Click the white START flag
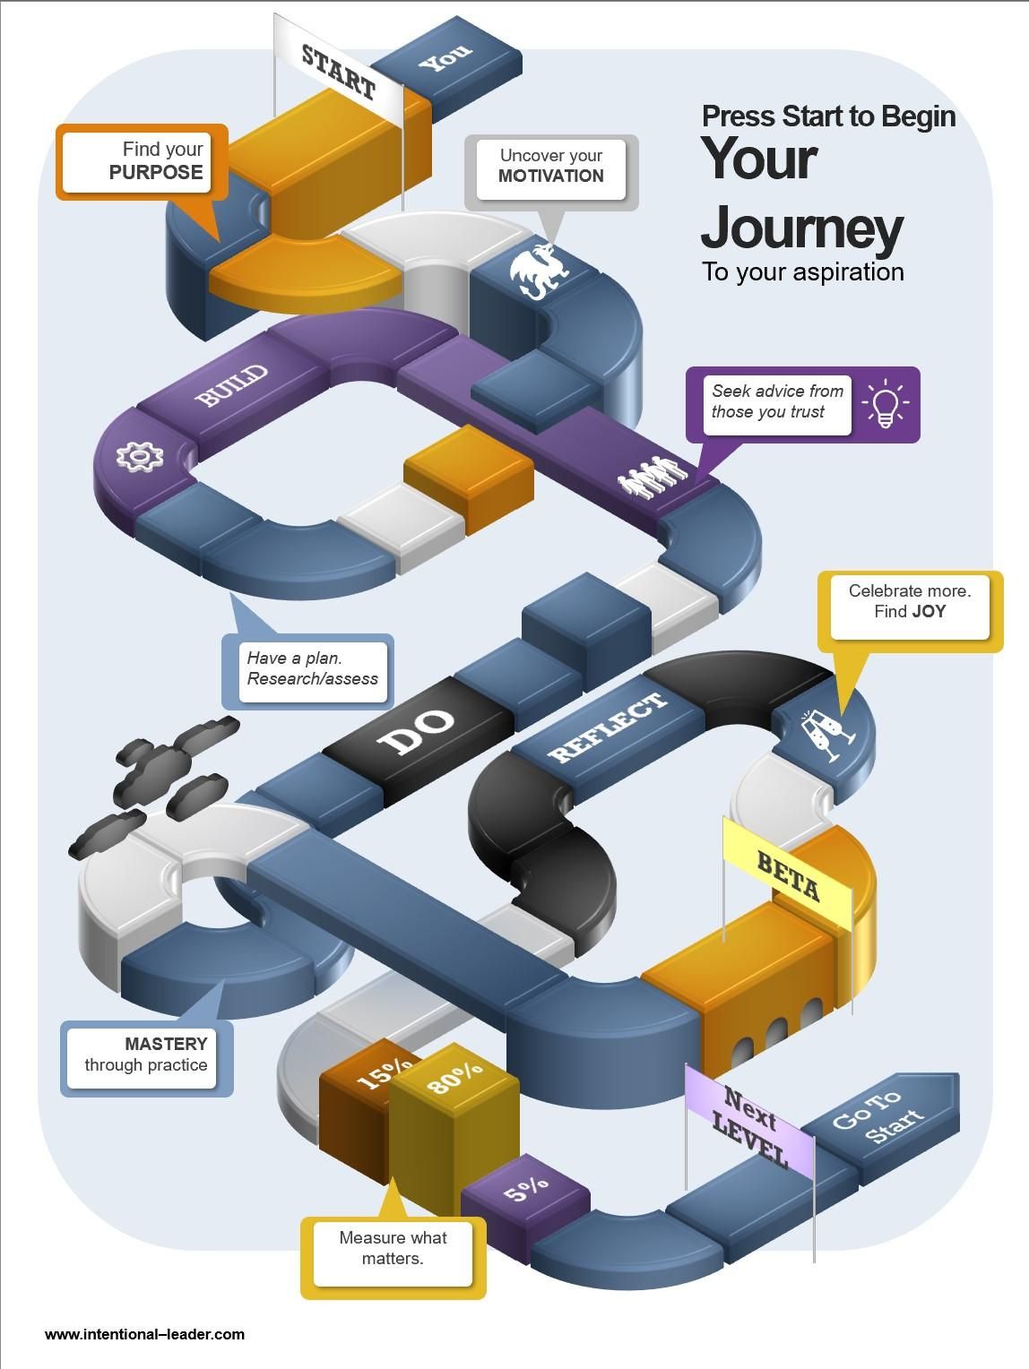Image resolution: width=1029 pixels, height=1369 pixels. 339,69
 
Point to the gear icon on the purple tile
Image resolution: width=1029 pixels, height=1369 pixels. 140,456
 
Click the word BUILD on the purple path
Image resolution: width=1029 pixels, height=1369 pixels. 232,385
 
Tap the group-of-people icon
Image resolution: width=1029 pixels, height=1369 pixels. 653,477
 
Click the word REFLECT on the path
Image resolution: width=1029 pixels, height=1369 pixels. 609,727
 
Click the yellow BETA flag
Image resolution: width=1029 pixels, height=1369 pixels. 788,874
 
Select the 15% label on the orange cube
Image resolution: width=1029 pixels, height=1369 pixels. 384,1072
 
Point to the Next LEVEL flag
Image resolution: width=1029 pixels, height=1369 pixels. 750,1126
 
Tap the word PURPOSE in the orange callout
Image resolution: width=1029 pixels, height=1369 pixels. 156,173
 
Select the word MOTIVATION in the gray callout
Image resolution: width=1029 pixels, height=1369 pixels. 551,177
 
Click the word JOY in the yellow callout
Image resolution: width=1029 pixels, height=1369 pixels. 929,612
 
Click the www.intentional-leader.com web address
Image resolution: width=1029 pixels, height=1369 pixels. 144,1334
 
